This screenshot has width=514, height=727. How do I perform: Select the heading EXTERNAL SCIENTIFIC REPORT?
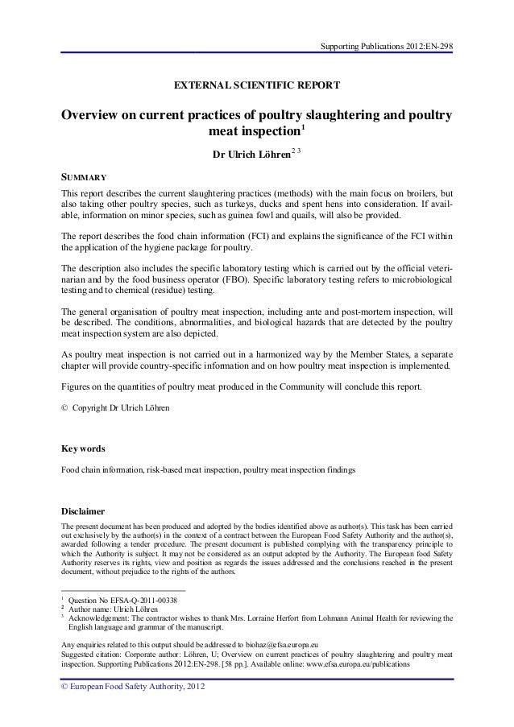(x=257, y=85)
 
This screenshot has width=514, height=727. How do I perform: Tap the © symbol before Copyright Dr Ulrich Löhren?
(x=65, y=408)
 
